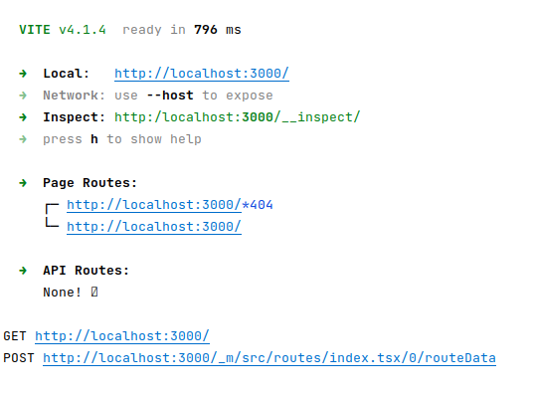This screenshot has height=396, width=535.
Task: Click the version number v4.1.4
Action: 87,30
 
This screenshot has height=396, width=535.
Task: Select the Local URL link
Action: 202,74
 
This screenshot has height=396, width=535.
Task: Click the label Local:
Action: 67,74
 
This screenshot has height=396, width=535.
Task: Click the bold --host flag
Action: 170,96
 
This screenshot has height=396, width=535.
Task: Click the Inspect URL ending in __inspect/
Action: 238,117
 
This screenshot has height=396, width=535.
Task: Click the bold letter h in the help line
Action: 94,139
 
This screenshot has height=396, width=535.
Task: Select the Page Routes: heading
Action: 90,183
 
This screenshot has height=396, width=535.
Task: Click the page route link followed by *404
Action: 154,205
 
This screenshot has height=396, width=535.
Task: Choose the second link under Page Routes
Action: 154,227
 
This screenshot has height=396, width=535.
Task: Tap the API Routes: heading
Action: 87,271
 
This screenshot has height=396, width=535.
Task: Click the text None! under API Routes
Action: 63,293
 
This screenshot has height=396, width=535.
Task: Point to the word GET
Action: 15,336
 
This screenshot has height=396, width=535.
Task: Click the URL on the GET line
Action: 122,336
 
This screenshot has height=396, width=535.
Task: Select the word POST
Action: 19,358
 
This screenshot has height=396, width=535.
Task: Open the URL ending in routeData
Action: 269,358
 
